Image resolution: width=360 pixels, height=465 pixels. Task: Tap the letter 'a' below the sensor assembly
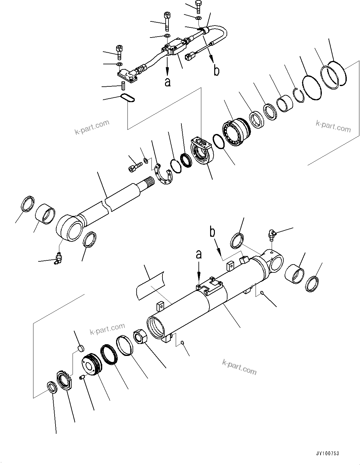pyautogui.click(x=168, y=82)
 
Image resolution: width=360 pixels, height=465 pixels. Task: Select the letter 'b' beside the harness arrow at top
pyautogui.click(x=216, y=71)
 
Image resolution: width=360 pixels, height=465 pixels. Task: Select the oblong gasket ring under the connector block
pyautogui.click(x=128, y=99)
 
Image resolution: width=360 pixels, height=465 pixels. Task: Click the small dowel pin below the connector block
pyautogui.click(x=124, y=85)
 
